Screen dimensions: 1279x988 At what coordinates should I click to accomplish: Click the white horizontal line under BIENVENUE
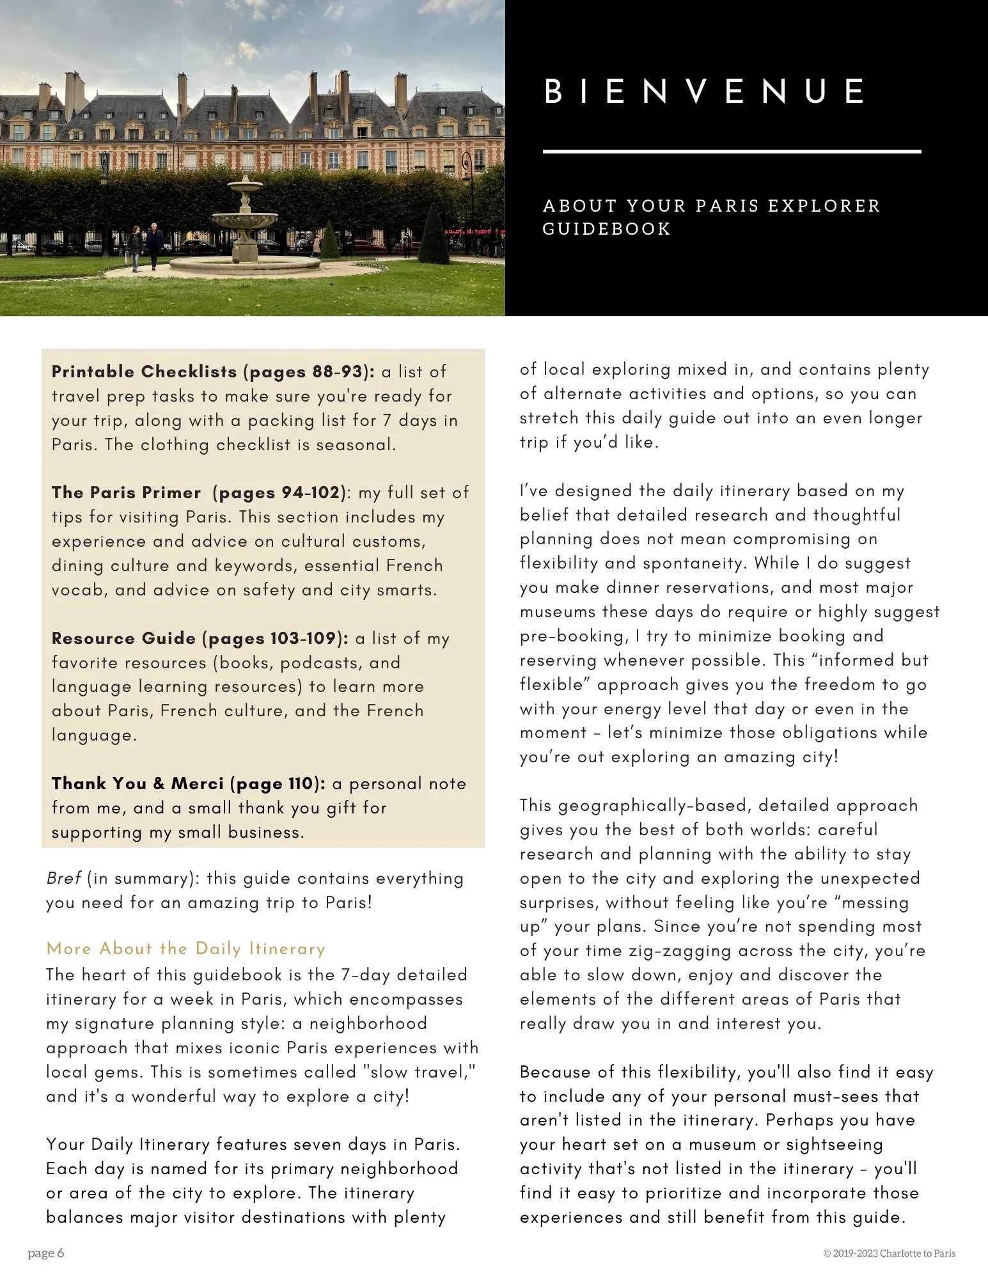732,152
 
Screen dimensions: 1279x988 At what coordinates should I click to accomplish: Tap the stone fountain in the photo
246,221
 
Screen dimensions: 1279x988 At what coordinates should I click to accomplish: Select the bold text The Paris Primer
126,492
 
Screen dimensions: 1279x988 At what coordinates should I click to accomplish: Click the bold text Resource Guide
123,638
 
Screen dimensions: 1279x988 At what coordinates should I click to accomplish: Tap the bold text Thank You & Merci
137,783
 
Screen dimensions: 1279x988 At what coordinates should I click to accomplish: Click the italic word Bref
63,878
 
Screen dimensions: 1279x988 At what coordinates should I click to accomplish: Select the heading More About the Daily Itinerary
185,948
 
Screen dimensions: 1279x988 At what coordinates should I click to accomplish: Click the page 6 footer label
46,1253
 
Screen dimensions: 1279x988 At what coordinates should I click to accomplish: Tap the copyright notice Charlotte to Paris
889,1253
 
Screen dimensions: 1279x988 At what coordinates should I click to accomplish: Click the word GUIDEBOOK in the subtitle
606,229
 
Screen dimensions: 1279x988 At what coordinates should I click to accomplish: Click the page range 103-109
303,638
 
